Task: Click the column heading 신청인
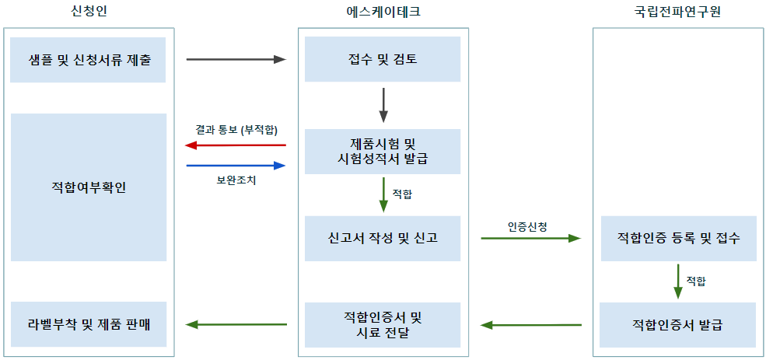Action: (x=89, y=12)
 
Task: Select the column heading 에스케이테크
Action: (x=383, y=12)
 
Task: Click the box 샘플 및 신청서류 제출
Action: (x=88, y=60)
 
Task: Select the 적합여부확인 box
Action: (x=89, y=187)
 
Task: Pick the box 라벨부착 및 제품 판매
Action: (x=89, y=324)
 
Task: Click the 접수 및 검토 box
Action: (x=383, y=59)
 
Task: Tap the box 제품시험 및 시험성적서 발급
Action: (x=383, y=152)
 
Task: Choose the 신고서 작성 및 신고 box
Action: (x=383, y=239)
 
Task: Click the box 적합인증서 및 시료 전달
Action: (x=383, y=325)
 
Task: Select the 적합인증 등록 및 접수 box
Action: (x=679, y=239)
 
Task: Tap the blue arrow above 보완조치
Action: (x=236, y=166)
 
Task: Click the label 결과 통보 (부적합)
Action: (x=236, y=131)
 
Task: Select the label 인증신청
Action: (x=530, y=226)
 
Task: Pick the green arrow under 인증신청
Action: (x=531, y=239)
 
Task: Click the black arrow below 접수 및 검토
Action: (x=383, y=105)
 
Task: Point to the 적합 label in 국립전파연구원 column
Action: (x=696, y=281)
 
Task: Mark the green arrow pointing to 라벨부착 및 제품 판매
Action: (x=236, y=324)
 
